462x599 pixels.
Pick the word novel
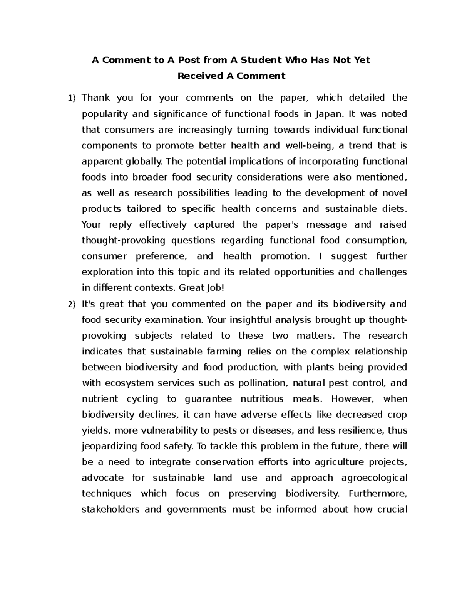pos(394,193)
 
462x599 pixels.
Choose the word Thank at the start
pos(95,98)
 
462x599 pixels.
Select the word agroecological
pos(374,478)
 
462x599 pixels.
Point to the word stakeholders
pos(110,510)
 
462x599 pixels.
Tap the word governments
pos(196,510)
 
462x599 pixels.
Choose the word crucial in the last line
pos(392,510)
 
